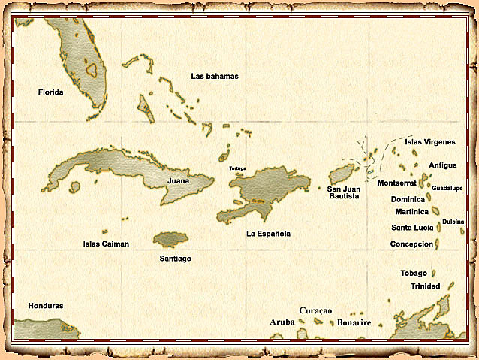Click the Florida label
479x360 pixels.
pos(50,92)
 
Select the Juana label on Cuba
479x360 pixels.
pos(178,181)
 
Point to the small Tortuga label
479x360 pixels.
pos(237,168)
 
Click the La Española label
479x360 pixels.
pos(268,234)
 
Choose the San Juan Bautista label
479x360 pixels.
pos(344,192)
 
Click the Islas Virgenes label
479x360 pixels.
pos(430,141)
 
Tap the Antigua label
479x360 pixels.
pos(443,165)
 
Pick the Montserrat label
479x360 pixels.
pos(397,183)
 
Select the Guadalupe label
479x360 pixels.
pos(447,188)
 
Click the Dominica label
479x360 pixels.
pos(408,199)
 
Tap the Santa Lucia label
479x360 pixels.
pos(412,228)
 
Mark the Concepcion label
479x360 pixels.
pos(412,244)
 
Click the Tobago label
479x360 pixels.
pos(414,273)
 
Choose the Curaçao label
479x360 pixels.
pos(315,310)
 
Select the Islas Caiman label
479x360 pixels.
pos(106,244)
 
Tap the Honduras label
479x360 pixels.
pos(46,306)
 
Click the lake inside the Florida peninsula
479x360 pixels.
pos(92,70)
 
